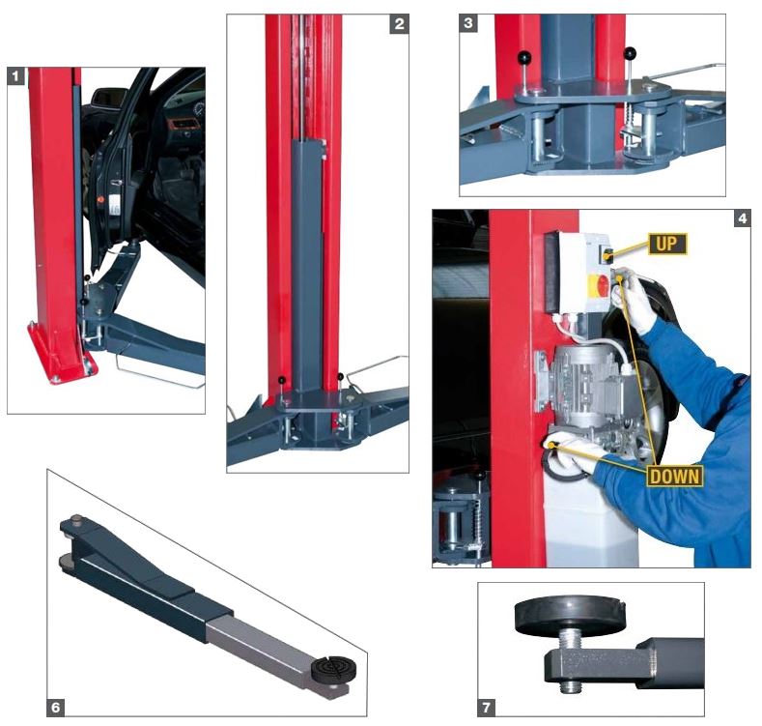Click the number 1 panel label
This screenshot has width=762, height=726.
pos(16,76)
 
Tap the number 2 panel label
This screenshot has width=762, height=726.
pos(399,23)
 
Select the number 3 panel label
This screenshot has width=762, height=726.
pos(468,23)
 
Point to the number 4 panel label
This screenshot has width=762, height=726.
pos(742,219)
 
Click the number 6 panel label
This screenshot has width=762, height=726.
pos(55,707)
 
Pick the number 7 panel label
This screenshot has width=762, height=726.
pos(487,707)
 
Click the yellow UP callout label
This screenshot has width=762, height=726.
pos(667,244)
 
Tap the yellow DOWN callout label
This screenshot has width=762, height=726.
pos(674,476)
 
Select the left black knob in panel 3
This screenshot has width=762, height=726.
pos(524,58)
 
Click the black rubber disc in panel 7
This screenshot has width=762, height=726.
pos(570,617)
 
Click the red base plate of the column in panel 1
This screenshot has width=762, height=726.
pos(61,355)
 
